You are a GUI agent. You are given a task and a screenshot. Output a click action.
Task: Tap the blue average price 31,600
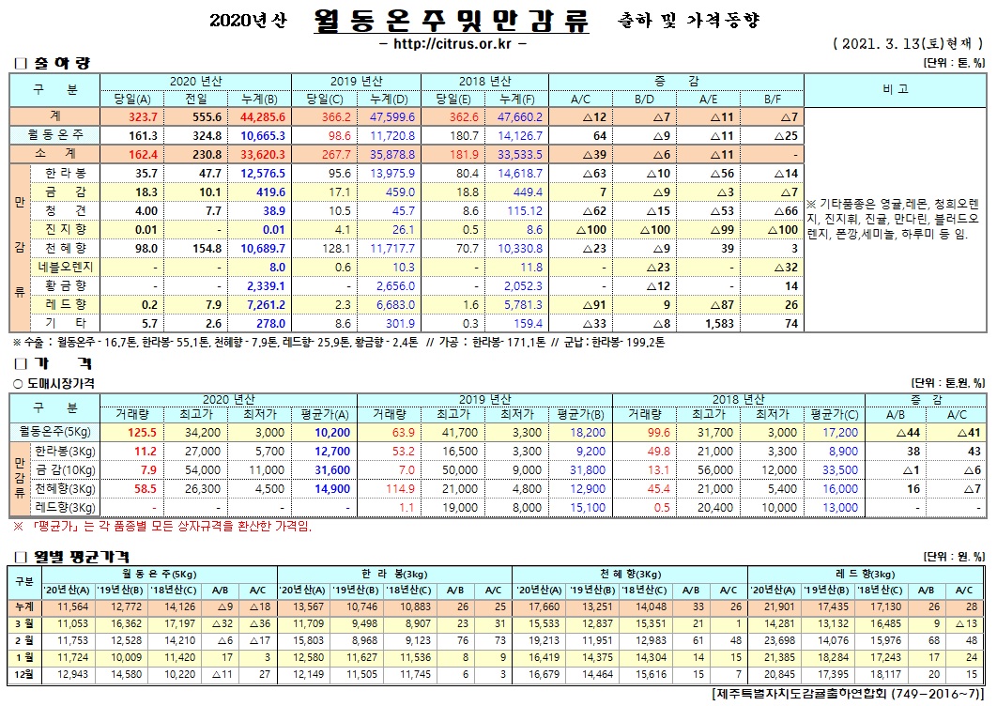click(331, 469)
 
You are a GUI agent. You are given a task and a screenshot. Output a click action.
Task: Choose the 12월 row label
click(24, 674)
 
